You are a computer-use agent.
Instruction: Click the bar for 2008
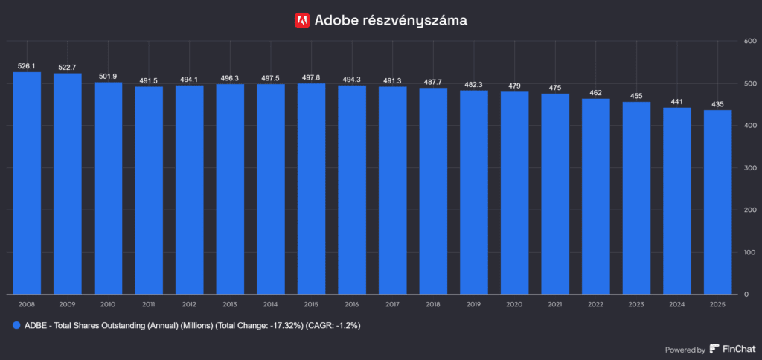[27, 183]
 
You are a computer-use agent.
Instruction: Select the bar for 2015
[311, 189]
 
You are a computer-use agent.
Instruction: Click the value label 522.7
[68, 68]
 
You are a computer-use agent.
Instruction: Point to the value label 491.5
[149, 81]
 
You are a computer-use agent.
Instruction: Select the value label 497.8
[311, 78]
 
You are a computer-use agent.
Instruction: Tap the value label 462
[595, 93]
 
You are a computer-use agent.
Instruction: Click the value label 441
[676, 102]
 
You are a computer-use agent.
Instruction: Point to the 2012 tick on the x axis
[189, 304]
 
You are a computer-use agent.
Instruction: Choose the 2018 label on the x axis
[432, 304]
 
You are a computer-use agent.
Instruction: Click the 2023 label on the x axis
[635, 304]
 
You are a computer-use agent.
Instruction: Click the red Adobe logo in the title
[302, 20]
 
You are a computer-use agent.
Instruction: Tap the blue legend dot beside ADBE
[16, 326]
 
